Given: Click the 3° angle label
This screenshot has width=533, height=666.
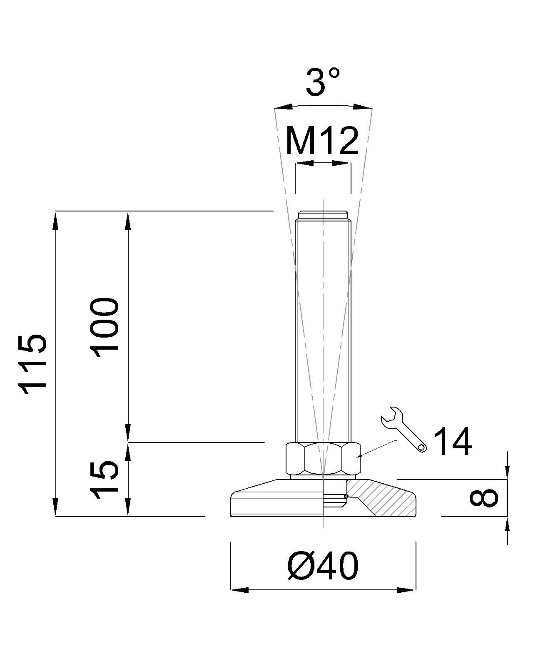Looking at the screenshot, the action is (x=323, y=82).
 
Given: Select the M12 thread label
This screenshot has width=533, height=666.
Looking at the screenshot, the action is (x=322, y=141).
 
